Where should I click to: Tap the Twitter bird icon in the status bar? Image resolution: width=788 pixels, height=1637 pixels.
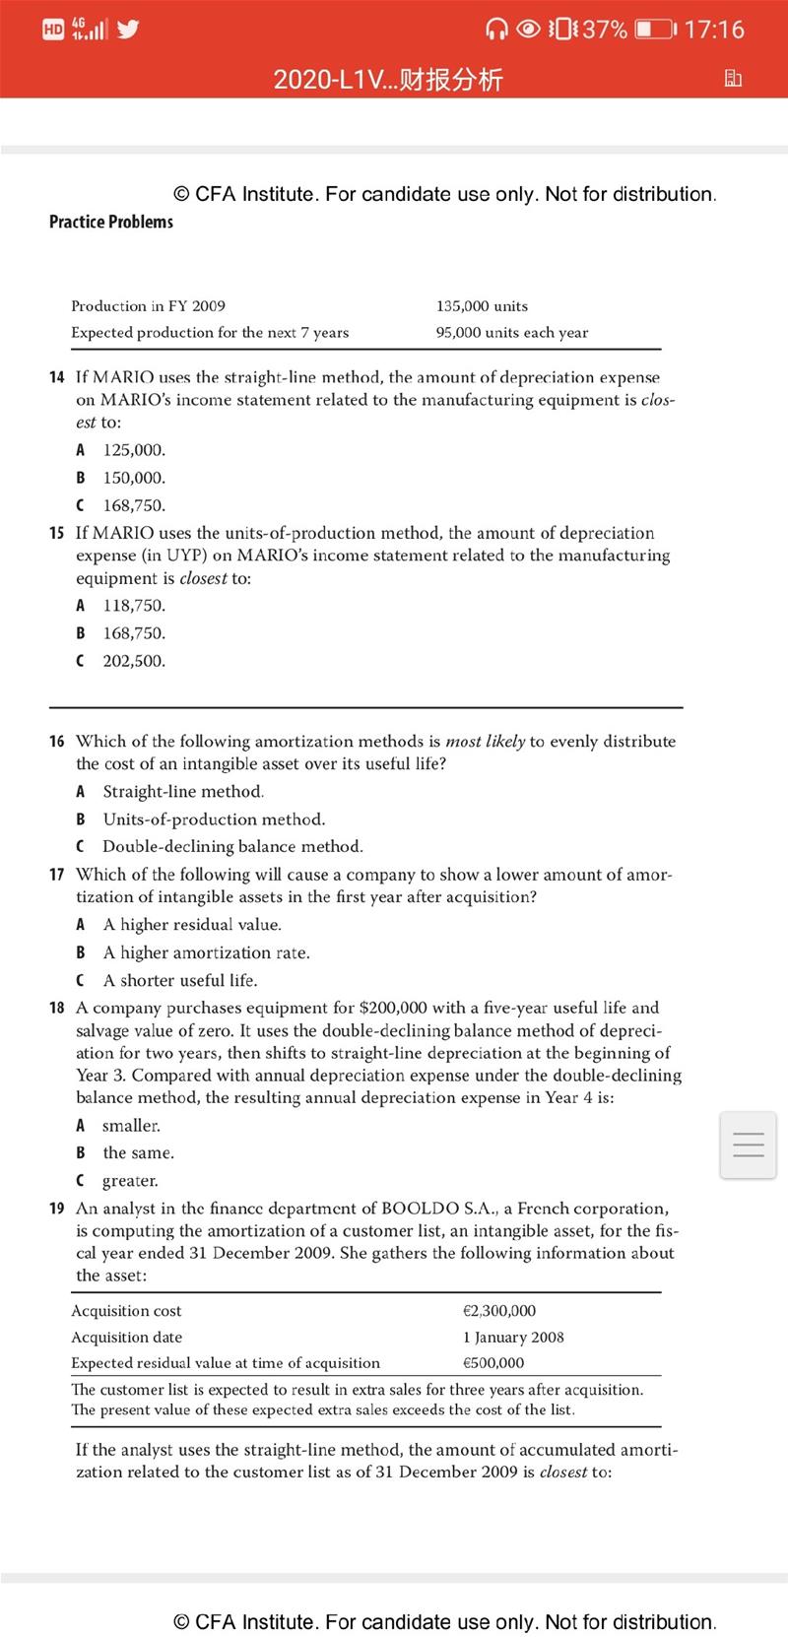pos(127,29)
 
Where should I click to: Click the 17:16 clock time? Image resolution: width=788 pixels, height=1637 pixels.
pos(713,29)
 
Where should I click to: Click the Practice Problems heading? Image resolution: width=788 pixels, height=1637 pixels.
pos(110,222)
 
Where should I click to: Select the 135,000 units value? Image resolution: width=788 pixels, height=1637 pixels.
pos(482,306)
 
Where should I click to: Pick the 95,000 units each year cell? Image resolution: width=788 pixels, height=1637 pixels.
pos(511,333)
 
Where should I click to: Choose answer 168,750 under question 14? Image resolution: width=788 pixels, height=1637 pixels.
pos(134,505)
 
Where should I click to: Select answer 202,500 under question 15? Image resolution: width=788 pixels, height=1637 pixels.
pos(134,661)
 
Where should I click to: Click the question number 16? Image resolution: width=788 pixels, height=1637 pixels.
pos(57,741)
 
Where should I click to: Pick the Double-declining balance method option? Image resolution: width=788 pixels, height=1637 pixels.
pos(232,847)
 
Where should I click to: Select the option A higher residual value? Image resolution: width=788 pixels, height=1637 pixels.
pos(192,925)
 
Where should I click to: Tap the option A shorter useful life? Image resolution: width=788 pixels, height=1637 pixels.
pos(180,981)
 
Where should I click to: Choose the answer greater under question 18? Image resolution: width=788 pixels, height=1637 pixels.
pos(130,1181)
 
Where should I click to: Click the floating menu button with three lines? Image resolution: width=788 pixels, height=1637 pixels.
pos(748,1145)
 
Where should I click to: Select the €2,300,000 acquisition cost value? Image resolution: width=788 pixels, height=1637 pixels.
pos(498,1311)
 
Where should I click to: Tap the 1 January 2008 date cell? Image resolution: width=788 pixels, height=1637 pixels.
pos(512,1338)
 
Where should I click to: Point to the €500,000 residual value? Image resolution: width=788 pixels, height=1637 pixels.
pos(492,1363)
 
